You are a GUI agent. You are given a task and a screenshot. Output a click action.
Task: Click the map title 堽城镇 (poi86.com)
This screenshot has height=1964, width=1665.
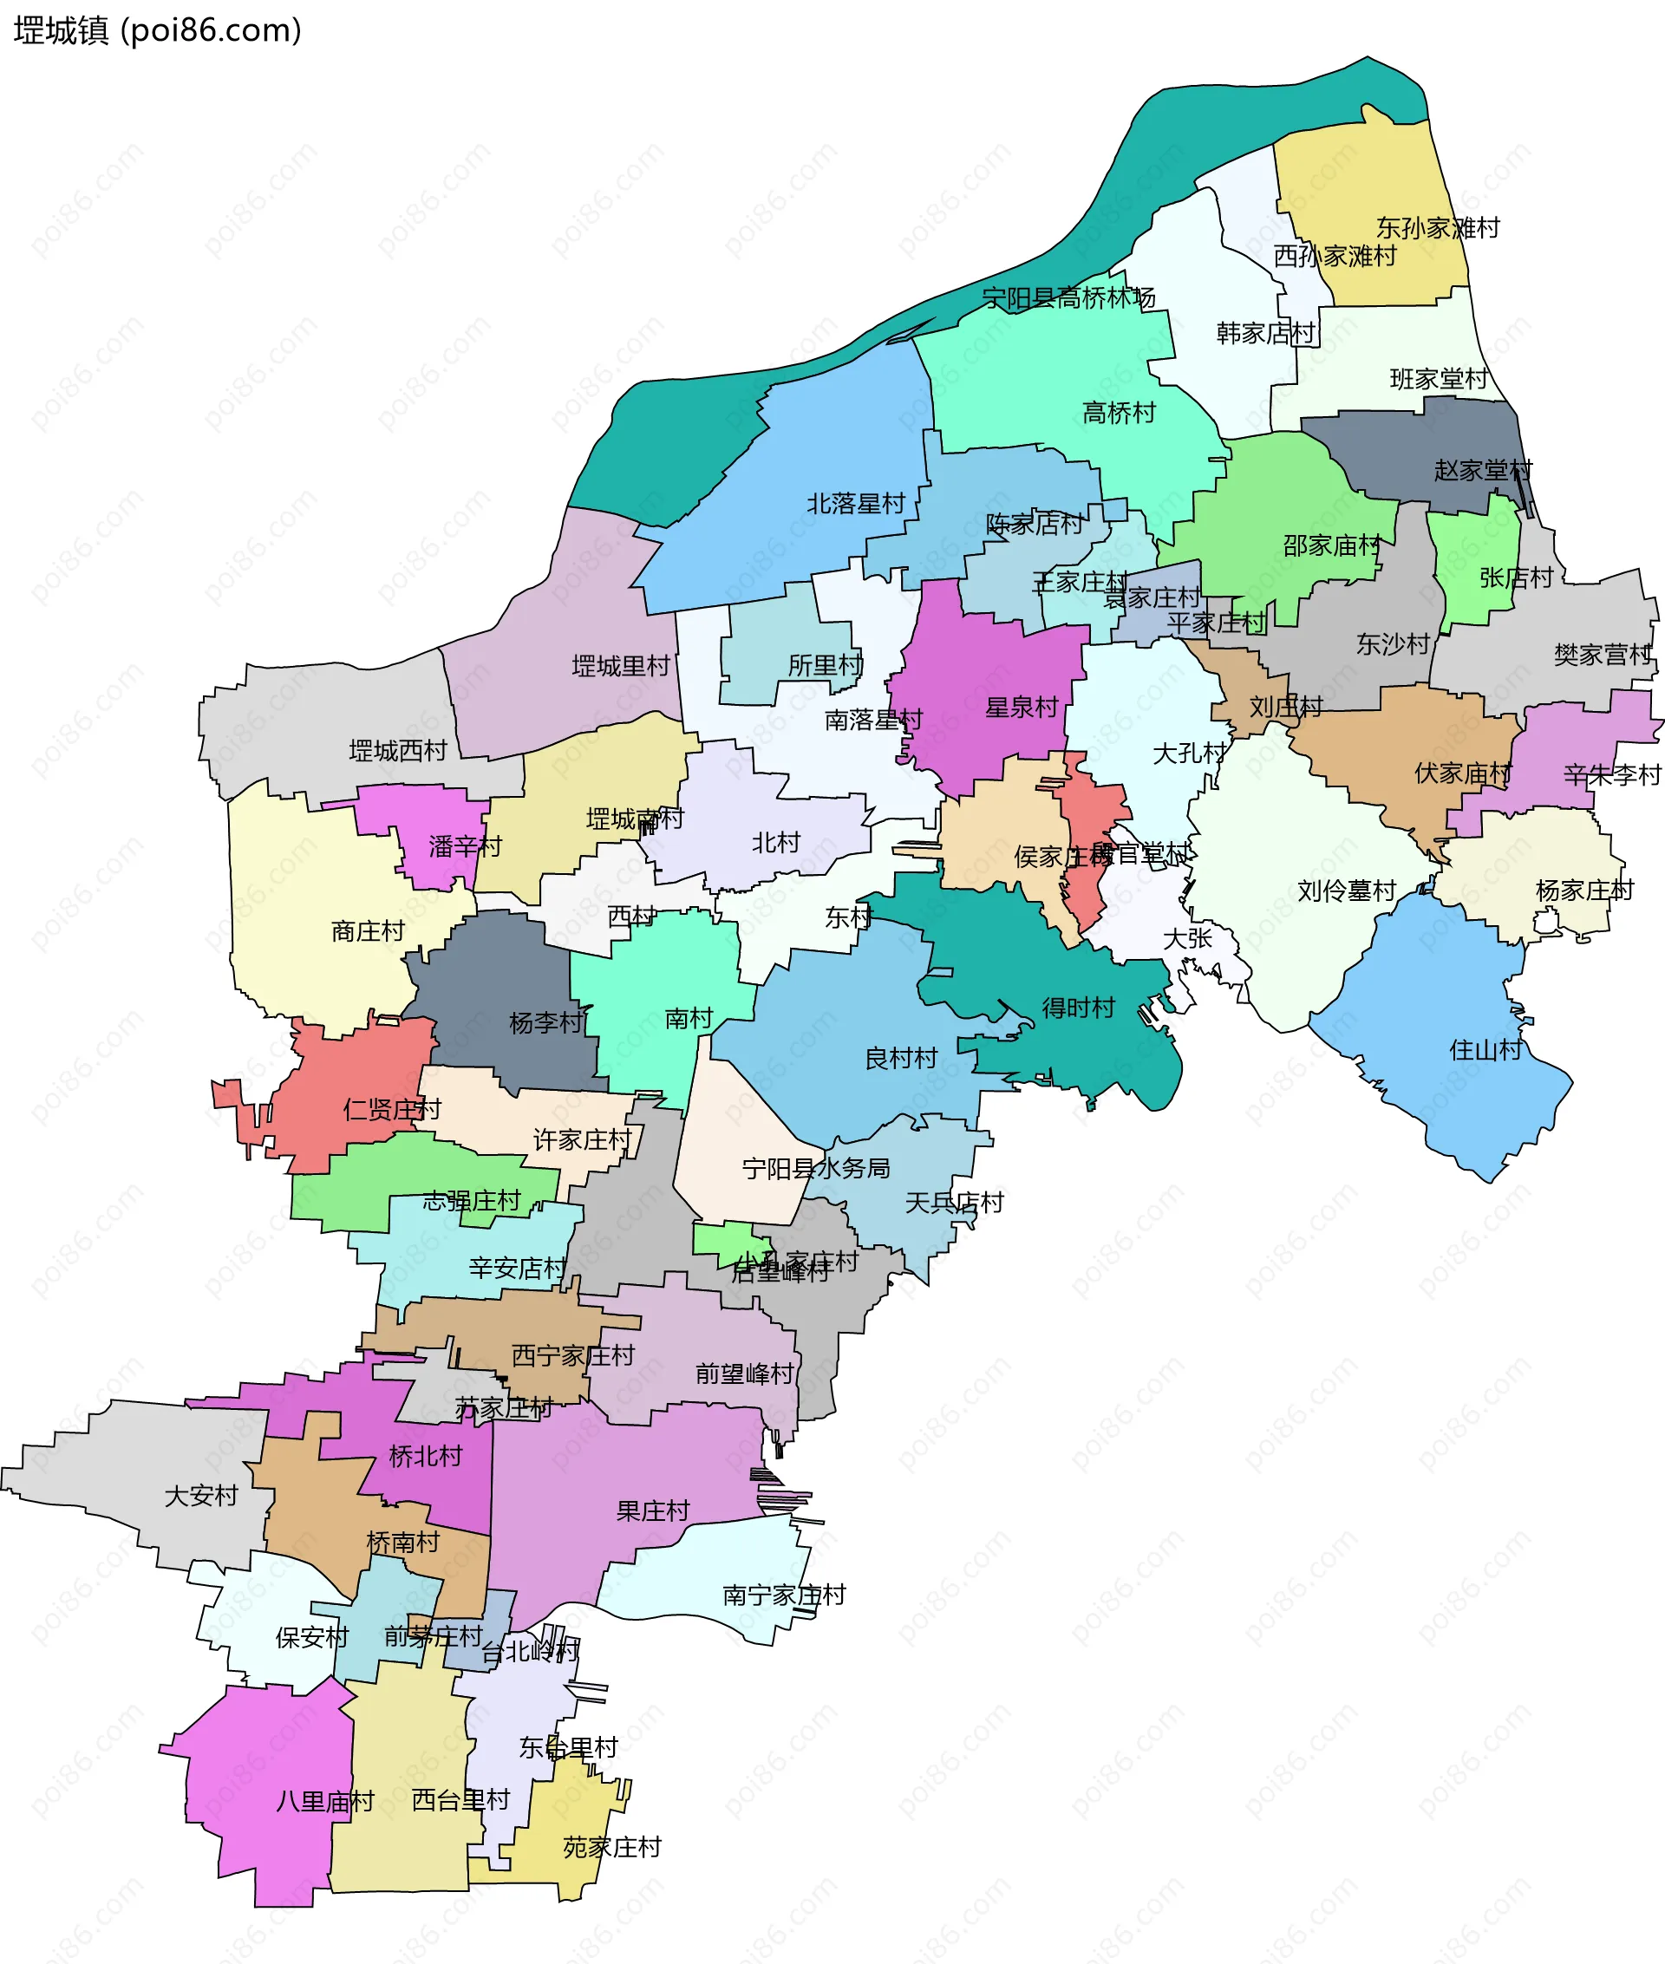[158, 31]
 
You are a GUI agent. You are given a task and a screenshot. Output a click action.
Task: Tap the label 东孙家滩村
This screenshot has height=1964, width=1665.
[1437, 227]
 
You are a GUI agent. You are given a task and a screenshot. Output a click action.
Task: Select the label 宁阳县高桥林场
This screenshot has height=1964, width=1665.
[1068, 298]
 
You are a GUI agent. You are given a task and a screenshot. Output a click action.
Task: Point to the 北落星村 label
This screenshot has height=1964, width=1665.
[855, 504]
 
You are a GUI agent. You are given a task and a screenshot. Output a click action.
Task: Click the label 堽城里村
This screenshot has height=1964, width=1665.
[620, 666]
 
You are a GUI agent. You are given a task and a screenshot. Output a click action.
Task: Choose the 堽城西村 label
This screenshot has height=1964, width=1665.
[397, 751]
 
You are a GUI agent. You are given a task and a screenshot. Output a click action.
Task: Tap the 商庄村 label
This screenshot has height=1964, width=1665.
[367, 931]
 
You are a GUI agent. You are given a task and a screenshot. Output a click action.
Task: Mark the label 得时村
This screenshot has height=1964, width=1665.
[1078, 1008]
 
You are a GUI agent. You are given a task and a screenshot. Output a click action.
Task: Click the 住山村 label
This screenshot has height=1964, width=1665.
[1485, 1049]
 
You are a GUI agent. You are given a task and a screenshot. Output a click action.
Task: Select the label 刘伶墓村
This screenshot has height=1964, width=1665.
[1346, 891]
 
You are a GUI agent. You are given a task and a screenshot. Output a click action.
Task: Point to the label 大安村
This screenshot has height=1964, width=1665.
[201, 1496]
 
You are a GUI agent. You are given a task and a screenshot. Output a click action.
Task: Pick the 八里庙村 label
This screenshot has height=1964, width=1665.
[324, 1802]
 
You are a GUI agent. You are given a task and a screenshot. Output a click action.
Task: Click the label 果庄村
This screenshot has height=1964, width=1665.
[652, 1511]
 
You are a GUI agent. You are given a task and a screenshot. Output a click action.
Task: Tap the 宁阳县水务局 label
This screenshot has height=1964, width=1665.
[815, 1168]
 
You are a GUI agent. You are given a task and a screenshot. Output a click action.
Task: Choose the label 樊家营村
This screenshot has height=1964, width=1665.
[1602, 655]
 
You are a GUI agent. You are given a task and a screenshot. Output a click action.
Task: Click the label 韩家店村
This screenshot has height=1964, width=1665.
[1265, 333]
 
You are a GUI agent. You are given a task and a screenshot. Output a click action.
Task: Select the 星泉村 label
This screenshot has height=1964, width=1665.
[1022, 707]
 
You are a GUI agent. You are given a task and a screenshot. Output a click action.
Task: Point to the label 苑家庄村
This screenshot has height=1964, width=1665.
[611, 1847]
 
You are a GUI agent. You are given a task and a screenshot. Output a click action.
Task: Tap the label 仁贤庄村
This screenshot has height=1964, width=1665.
[392, 1109]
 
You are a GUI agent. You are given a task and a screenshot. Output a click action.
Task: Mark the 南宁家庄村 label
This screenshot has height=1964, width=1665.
[783, 1595]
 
